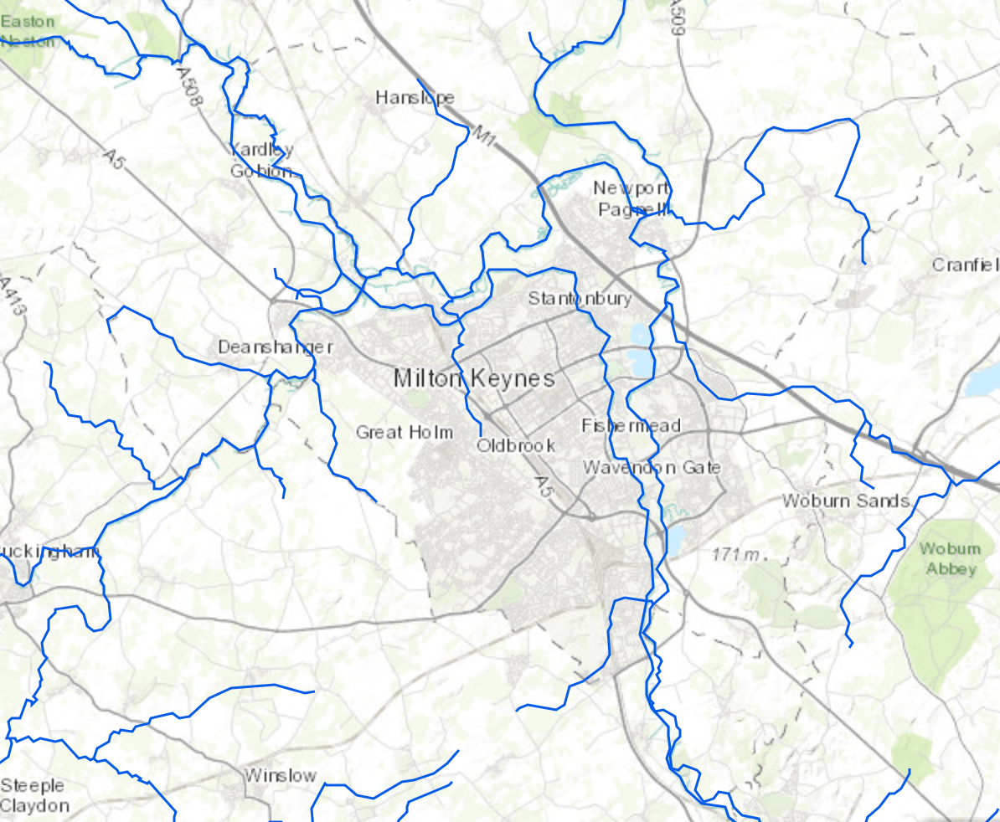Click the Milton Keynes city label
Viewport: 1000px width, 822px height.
pyautogui.click(x=474, y=378)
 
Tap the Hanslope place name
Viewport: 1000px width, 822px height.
pyautogui.click(x=415, y=98)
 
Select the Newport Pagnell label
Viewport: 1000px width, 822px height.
pyautogui.click(x=631, y=198)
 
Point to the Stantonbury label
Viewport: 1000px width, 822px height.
pyautogui.click(x=580, y=299)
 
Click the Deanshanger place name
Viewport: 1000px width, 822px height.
pyautogui.click(x=276, y=347)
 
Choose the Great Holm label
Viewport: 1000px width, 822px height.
pyautogui.click(x=405, y=432)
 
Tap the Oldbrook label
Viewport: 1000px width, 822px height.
pyautogui.click(x=516, y=445)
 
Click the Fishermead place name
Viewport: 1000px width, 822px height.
pyautogui.click(x=631, y=425)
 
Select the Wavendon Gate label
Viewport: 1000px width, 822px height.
pyautogui.click(x=652, y=467)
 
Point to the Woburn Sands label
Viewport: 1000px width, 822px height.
pyautogui.click(x=846, y=501)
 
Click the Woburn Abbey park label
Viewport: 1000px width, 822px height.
pyautogui.click(x=950, y=558)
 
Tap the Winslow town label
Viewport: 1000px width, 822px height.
pyautogui.click(x=281, y=775)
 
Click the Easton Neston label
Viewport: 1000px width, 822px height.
pyautogui.click(x=28, y=31)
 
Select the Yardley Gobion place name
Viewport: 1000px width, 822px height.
pyautogui.click(x=262, y=160)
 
